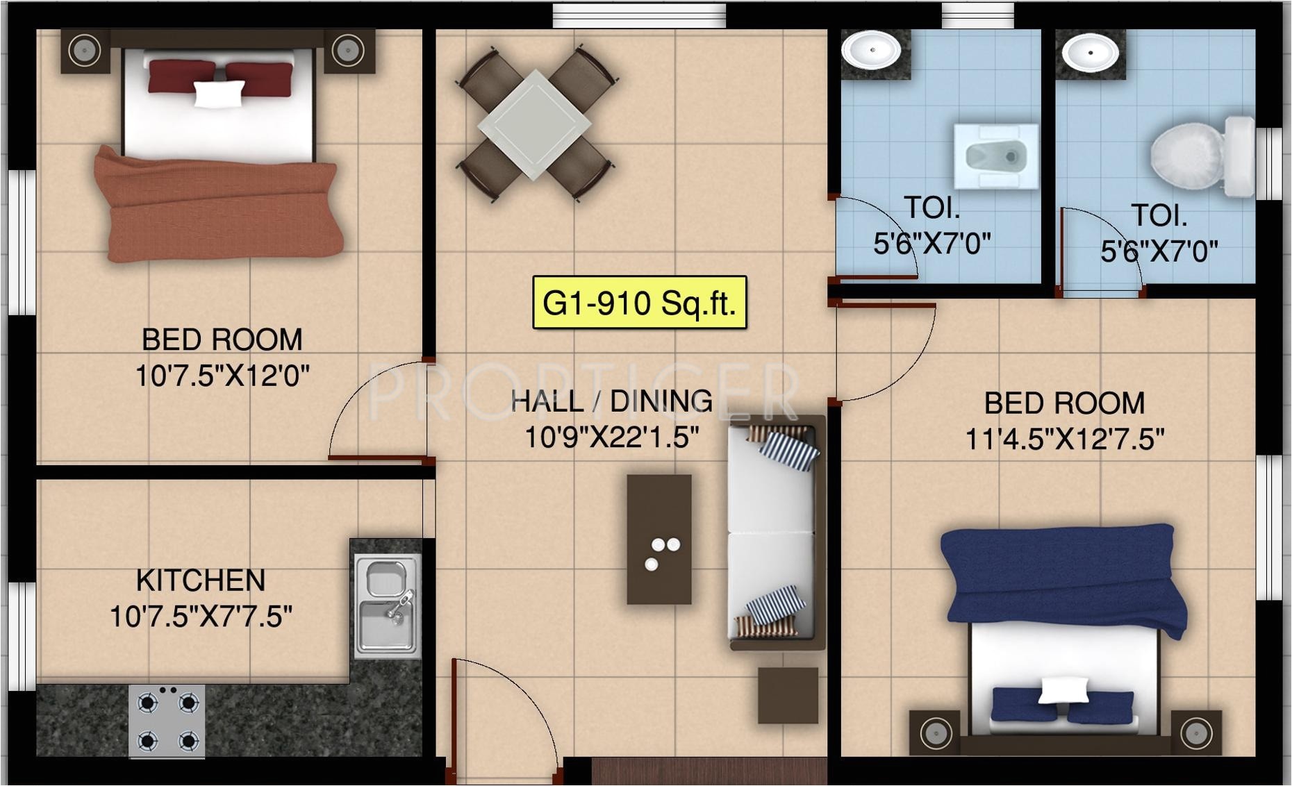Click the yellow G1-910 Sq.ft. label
pos(639,303)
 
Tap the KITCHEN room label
pos(201,580)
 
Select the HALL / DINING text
pos(611,401)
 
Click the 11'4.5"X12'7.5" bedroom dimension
pos(1064,439)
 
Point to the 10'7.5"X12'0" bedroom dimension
pos(222,376)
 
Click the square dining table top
pos(534,124)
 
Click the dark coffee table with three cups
pos(659,539)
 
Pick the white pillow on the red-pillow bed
pos(219,94)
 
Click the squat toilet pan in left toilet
pos(996,157)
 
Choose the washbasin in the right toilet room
pos(1090,52)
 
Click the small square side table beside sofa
pos(788,695)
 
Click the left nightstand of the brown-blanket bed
pos(85,51)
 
